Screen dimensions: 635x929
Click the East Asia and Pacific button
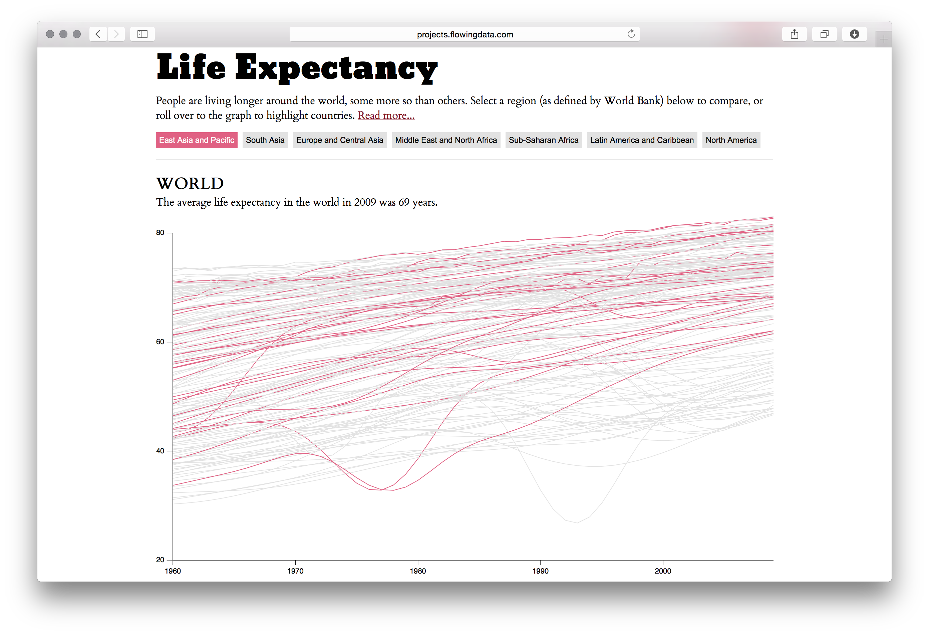point(196,140)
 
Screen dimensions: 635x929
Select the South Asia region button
point(265,140)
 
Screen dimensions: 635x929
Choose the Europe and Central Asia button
point(339,140)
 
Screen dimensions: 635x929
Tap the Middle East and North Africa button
point(446,140)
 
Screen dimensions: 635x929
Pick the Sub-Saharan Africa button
point(543,140)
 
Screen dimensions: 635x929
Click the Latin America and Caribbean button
point(642,140)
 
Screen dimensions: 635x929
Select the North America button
point(731,140)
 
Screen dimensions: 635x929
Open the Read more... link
point(386,116)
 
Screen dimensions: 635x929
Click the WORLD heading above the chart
point(190,184)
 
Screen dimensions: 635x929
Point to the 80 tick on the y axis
point(170,233)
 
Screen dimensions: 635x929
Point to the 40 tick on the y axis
point(170,451)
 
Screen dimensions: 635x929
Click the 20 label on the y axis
point(160,560)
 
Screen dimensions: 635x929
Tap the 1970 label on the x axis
point(295,571)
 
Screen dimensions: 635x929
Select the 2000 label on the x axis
point(663,571)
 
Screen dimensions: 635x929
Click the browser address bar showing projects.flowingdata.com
point(465,34)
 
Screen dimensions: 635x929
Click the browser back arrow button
point(98,34)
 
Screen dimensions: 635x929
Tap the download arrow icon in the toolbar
point(854,34)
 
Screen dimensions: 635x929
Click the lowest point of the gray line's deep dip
point(577,522)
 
